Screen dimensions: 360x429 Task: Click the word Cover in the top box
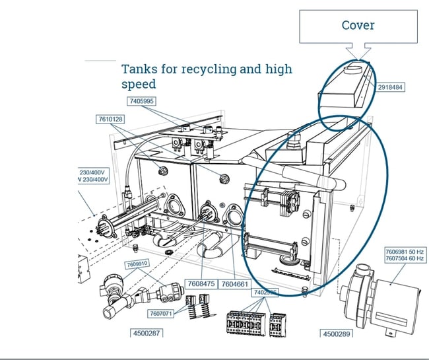(x=358, y=25)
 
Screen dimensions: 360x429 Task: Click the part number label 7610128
(x=110, y=120)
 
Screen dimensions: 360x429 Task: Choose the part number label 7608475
(x=201, y=283)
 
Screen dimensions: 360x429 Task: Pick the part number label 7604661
(x=235, y=283)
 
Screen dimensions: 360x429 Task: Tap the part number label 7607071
(x=162, y=313)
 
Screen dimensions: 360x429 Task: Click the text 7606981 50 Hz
(x=405, y=251)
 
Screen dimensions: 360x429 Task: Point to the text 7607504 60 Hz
(x=405, y=260)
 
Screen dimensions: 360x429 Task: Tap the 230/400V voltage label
(x=92, y=171)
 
